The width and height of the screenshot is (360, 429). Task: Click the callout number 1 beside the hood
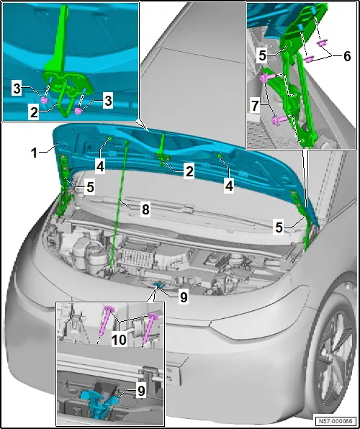pyautogui.click(x=34, y=153)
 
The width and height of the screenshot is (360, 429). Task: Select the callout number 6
pyautogui.click(x=346, y=56)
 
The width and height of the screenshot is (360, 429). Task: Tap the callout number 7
pyautogui.click(x=255, y=106)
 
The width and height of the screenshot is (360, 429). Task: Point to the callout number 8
pyautogui.click(x=145, y=209)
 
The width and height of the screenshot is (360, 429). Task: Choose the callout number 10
pyautogui.click(x=119, y=340)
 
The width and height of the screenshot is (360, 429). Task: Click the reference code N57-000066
pyautogui.click(x=336, y=421)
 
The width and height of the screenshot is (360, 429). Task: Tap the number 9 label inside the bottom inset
pyautogui.click(x=141, y=391)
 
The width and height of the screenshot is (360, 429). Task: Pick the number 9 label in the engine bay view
pyautogui.click(x=183, y=297)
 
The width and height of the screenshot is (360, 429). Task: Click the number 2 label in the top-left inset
pyautogui.click(x=35, y=113)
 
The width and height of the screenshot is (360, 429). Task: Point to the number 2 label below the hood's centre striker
pyautogui.click(x=189, y=172)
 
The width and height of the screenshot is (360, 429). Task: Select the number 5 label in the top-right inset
pyautogui.click(x=263, y=56)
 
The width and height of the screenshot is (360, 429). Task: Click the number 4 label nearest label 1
pyautogui.click(x=101, y=166)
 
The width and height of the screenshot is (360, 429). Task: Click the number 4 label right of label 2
pyautogui.click(x=228, y=186)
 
